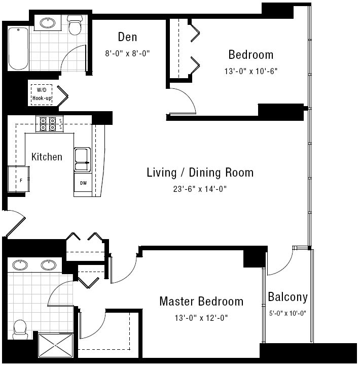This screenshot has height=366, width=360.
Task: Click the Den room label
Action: [x=127, y=37]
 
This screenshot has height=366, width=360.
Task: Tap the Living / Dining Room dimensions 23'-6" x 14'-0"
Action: [x=200, y=189]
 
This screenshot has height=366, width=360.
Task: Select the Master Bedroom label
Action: [x=201, y=301]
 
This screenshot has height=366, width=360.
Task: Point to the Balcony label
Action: [x=287, y=297]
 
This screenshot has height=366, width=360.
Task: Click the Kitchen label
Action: [x=47, y=157]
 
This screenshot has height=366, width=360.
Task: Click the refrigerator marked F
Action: [x=18, y=179]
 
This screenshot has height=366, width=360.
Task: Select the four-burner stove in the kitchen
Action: [x=49, y=124]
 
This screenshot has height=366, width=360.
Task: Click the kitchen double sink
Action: [x=82, y=160]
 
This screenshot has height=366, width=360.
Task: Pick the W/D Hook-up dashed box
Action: [x=42, y=94]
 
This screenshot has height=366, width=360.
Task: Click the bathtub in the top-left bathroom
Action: [x=18, y=49]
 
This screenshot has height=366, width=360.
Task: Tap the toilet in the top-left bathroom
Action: [x=75, y=25]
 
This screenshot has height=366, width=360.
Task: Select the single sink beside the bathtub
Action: [x=48, y=23]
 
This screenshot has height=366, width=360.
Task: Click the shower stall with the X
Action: [x=55, y=346]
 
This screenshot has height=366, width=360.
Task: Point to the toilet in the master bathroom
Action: [x=20, y=329]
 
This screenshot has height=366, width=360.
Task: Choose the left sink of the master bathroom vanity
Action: [x=20, y=265]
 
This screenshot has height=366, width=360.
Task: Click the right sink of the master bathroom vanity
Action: [x=49, y=265]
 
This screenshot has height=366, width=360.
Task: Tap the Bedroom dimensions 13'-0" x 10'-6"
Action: [x=251, y=71]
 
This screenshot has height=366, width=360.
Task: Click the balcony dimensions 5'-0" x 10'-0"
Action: [x=287, y=313]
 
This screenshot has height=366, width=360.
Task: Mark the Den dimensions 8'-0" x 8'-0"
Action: [x=127, y=53]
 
